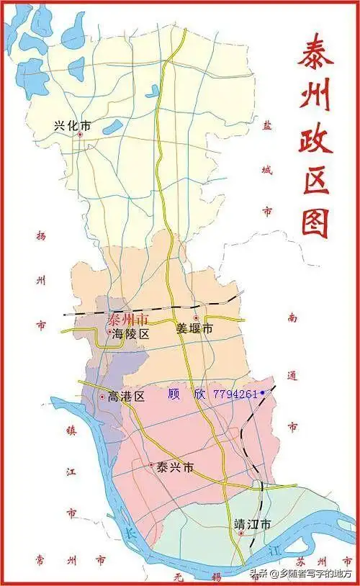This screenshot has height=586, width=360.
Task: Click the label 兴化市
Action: tap(72, 125)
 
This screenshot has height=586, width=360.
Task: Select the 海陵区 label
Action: tap(131, 334)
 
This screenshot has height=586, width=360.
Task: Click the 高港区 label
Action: tap(126, 396)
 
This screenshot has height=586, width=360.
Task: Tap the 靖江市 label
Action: tap(252, 524)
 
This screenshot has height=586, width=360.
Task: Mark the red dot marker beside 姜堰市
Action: tap(196, 317)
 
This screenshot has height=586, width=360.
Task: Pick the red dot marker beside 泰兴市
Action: tap(151, 465)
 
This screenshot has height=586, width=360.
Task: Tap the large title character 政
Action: tap(315, 137)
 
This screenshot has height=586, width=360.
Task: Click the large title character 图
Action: tap(315, 221)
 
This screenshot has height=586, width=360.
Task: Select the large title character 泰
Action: tap(315, 54)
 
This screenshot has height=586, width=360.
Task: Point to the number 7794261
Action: tap(235, 394)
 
